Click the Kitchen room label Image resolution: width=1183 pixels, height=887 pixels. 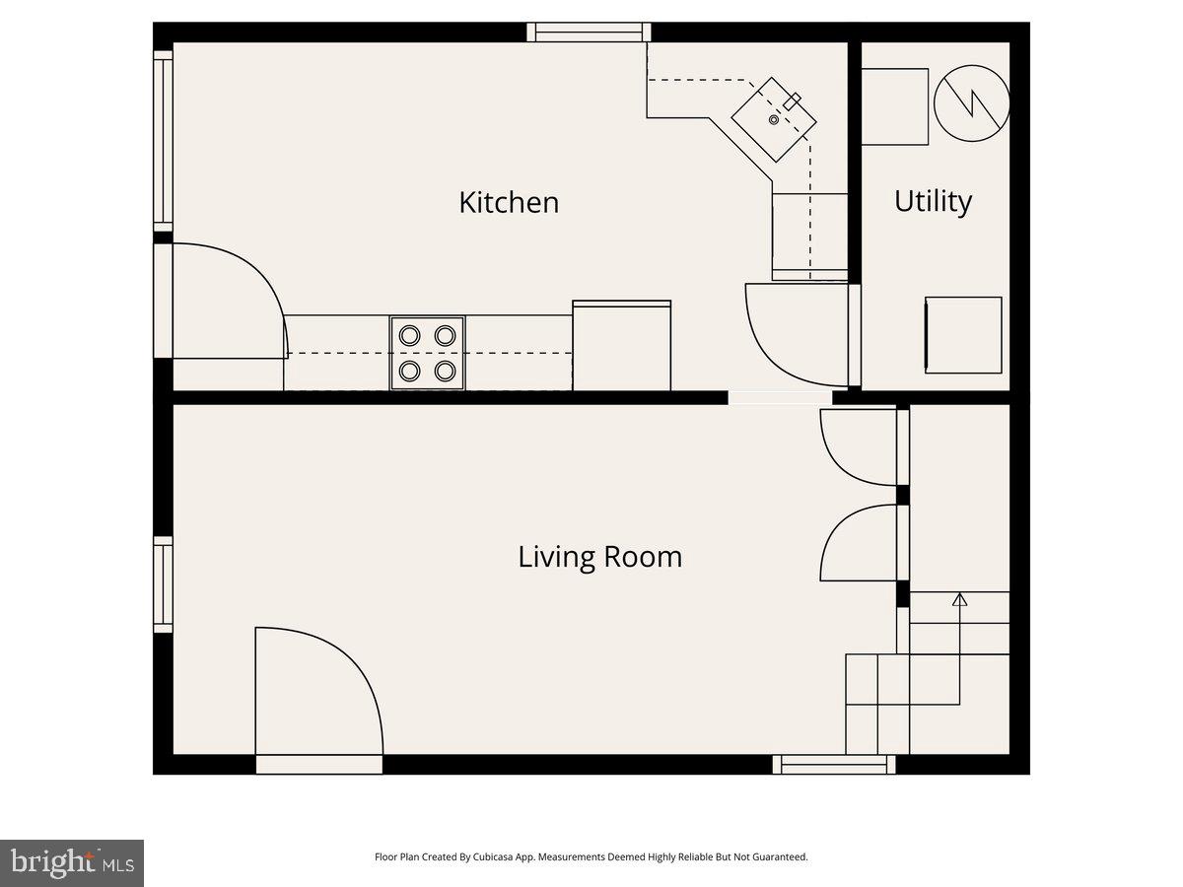(509, 202)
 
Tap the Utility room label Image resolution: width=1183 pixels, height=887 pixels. (933, 201)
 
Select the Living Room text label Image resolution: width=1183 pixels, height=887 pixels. (599, 557)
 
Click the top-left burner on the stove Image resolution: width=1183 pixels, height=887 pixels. (409, 335)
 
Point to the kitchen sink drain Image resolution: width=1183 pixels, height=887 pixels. (774, 119)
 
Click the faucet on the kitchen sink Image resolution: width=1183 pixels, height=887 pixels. (792, 99)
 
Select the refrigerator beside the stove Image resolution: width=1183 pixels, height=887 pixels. (621, 346)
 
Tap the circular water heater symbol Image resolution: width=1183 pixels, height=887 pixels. (972, 103)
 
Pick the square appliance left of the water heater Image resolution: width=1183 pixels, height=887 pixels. (895, 106)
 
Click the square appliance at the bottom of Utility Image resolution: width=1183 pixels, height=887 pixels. (963, 335)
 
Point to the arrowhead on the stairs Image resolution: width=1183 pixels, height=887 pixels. (959, 599)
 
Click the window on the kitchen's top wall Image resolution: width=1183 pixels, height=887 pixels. (589, 33)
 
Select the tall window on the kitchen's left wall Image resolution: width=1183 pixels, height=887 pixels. (163, 140)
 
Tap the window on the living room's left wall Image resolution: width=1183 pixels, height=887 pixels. (163, 584)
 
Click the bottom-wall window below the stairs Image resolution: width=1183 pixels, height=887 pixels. (834, 764)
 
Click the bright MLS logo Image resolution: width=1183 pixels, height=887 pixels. (72, 863)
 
